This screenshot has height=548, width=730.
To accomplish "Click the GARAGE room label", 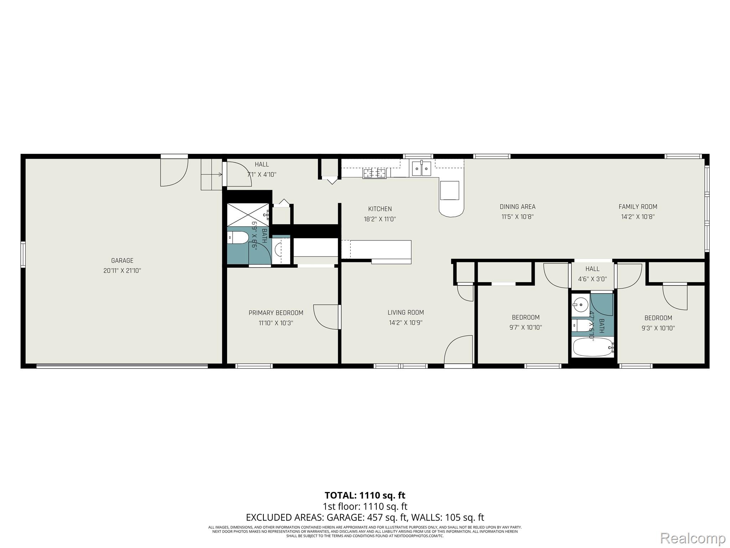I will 122,260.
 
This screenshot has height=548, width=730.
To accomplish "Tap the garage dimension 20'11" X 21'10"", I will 122,271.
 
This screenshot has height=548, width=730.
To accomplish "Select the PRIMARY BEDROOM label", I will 276,313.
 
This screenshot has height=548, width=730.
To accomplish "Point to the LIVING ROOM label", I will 406,313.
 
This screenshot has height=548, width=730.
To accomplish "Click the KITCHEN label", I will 380,209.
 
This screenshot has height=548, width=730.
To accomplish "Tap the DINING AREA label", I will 517,207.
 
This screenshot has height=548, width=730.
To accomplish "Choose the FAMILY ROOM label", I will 638,207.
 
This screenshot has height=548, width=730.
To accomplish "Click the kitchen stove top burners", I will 374,173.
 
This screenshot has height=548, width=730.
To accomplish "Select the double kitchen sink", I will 421,169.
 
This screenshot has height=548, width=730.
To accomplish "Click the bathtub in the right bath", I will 592,347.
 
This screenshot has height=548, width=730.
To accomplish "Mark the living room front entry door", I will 458,350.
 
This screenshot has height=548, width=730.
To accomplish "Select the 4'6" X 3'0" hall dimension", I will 592,279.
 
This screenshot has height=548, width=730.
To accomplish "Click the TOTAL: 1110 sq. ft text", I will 365,495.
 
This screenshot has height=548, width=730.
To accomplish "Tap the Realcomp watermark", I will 693,538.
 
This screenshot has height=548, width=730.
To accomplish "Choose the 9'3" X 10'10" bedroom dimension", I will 658,328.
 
